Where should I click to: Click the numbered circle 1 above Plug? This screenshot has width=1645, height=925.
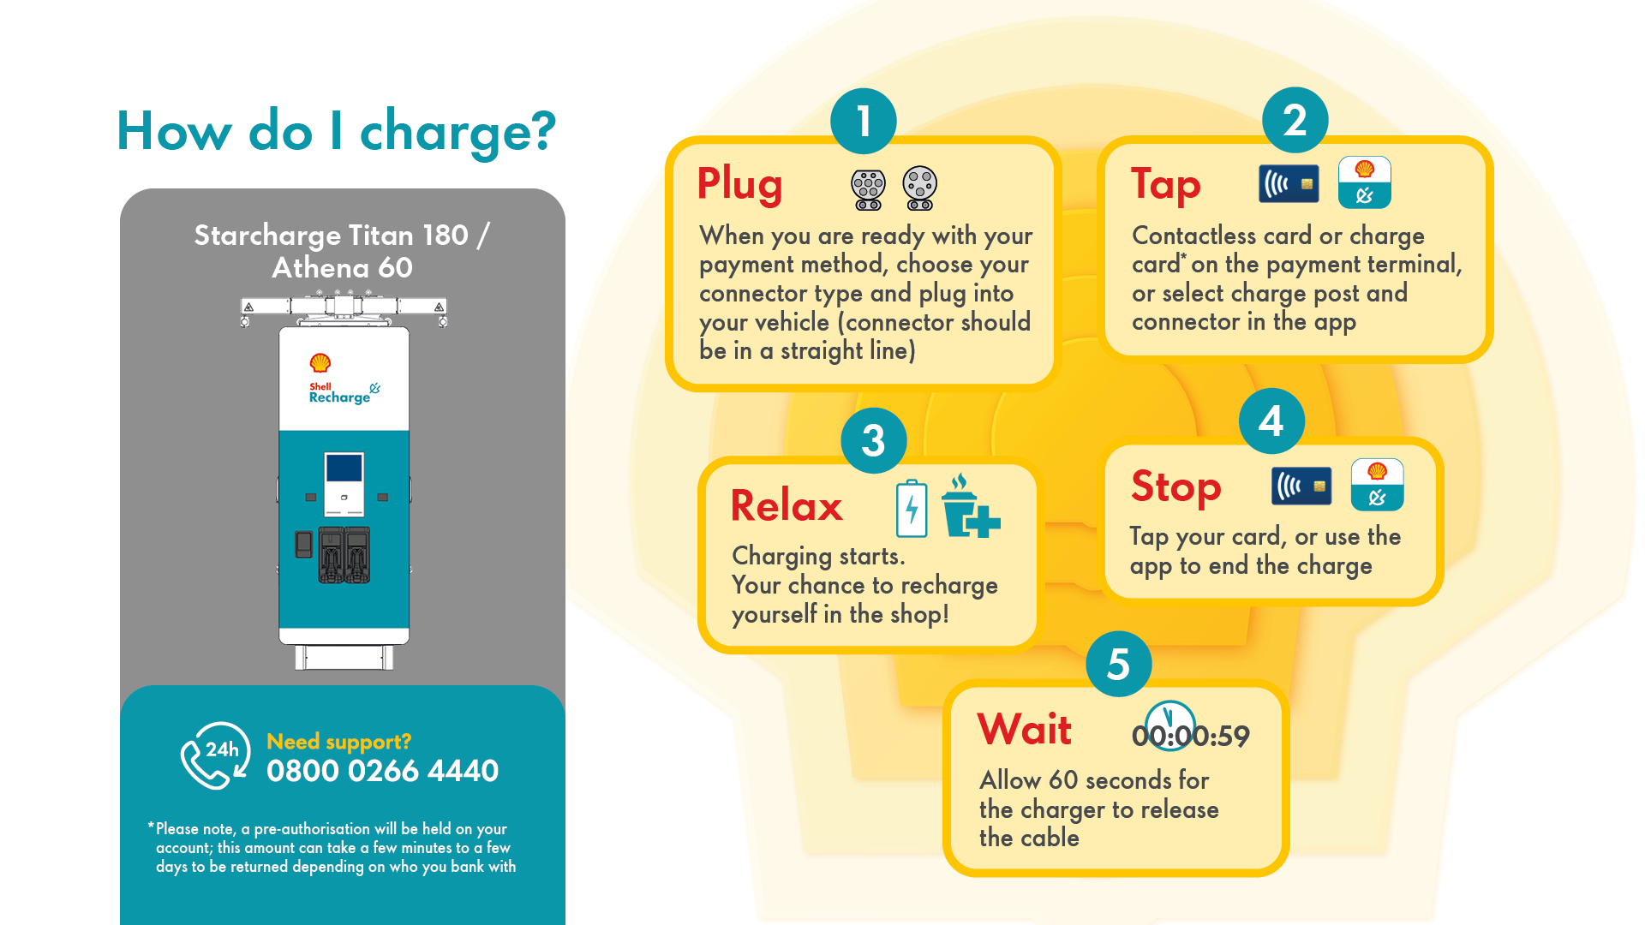[864, 121]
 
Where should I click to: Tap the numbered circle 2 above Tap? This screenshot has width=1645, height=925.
[1295, 120]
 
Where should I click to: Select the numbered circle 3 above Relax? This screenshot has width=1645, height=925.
[873, 440]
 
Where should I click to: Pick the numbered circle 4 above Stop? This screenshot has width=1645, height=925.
[1271, 421]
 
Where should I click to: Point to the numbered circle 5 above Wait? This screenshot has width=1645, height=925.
[1118, 664]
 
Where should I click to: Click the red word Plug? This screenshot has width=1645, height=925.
[739, 184]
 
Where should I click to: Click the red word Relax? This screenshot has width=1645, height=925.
[787, 505]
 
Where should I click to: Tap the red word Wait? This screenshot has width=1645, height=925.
[1024, 730]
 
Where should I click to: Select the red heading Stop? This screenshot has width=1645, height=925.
[1175, 486]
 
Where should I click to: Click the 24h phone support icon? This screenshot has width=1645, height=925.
[214, 755]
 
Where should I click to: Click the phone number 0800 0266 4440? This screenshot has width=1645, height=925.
[382, 771]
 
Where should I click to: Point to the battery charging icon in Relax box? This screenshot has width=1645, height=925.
[912, 509]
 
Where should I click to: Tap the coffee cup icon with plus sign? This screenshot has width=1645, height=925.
[969, 507]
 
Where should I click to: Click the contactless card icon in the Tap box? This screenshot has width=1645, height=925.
[1289, 184]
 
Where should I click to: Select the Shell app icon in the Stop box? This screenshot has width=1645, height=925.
[1377, 485]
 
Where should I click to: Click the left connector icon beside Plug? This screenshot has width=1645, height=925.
[868, 188]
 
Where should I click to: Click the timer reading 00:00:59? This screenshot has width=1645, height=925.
[1191, 735]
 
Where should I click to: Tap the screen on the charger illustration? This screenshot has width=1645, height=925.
[344, 469]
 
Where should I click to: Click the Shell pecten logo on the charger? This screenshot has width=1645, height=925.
[320, 362]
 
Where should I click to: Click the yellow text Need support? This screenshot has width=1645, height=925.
[338, 742]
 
